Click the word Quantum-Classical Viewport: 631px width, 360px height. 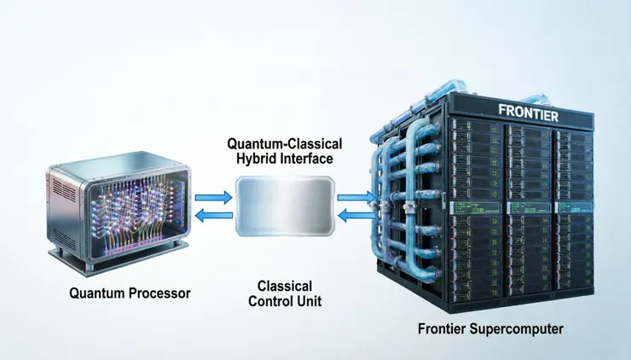(285, 144)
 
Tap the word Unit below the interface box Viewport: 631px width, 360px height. (311, 301)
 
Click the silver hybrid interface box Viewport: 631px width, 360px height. (285, 206)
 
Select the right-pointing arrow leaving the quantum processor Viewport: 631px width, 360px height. (214, 197)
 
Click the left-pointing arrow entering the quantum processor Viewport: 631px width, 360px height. (214, 216)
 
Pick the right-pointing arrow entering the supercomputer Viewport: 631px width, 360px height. (356, 197)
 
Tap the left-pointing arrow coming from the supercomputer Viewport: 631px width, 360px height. (356, 216)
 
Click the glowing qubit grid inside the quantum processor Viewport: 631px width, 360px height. (135, 212)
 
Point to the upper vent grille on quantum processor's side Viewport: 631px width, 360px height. (64, 189)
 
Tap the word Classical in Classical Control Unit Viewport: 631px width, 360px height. (285, 287)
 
